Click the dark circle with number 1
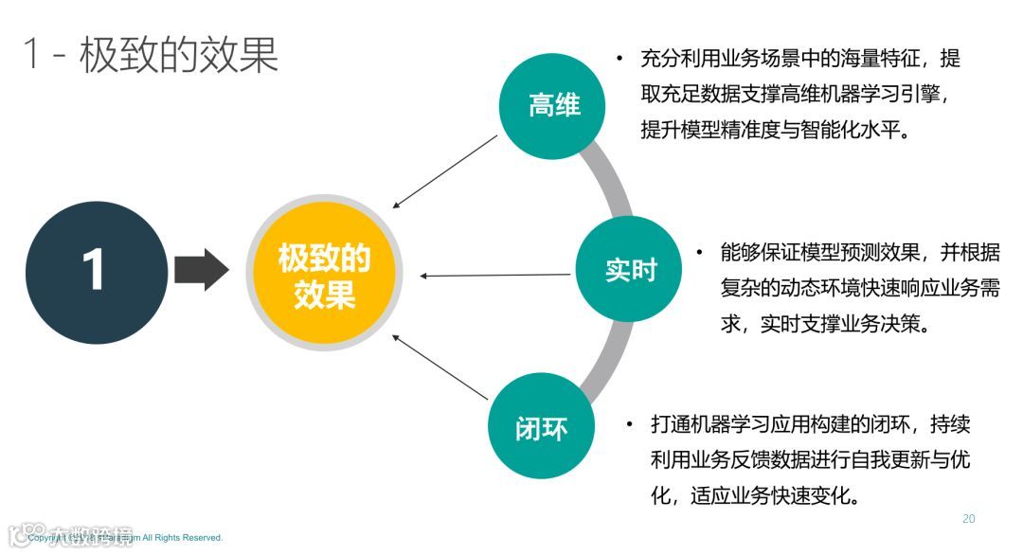(96, 273)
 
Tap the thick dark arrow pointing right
(202, 272)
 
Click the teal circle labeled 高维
(554, 105)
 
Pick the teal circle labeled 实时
(630, 270)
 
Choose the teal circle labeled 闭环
(541, 427)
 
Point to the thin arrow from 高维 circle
(445, 171)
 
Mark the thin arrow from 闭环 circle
(440, 365)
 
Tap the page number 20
(968, 518)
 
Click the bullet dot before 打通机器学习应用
(629, 424)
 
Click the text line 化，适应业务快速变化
(755, 495)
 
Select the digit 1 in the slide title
(33, 55)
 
